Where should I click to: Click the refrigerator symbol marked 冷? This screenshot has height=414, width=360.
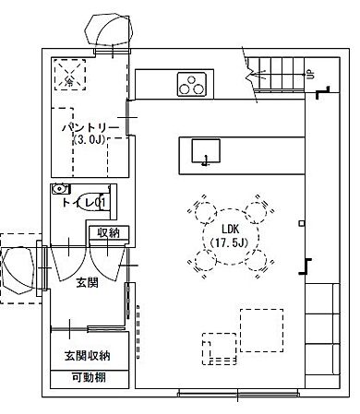[x=68, y=75]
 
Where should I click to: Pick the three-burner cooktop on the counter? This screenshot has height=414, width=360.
[x=193, y=86]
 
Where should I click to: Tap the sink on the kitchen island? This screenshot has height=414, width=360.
[x=205, y=151]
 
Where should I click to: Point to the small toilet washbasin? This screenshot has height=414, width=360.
[x=61, y=188]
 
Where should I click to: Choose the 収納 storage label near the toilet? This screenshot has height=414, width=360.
[x=108, y=232]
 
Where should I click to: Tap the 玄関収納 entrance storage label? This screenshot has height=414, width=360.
[x=87, y=355]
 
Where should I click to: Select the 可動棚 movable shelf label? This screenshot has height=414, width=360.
[x=88, y=376]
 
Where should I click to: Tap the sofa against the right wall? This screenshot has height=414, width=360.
[x=320, y=332]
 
